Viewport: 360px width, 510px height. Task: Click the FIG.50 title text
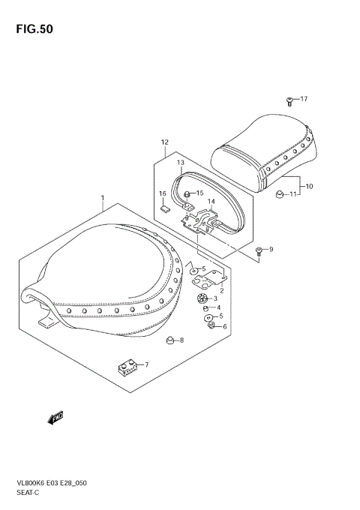[x=31, y=29]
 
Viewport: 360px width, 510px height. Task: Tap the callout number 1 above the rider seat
[x=102, y=199]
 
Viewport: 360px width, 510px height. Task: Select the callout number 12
[x=164, y=142]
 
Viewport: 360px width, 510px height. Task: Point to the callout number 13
[x=180, y=162]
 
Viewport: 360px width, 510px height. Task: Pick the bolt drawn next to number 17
[x=288, y=100]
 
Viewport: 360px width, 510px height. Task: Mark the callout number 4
[x=218, y=307]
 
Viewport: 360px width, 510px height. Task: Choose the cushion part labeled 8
[x=169, y=341]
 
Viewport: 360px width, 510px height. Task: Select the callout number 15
[x=199, y=193]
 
